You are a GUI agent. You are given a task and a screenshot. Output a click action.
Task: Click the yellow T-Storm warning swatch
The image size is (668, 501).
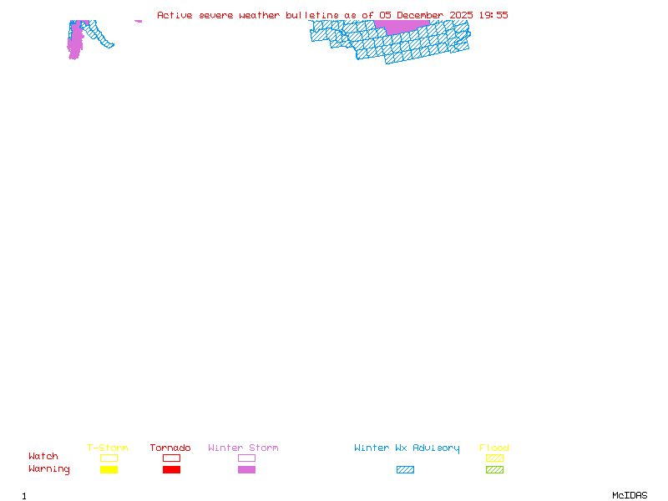tap(109, 470)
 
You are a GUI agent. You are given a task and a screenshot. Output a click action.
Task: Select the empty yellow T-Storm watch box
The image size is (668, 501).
tap(109, 458)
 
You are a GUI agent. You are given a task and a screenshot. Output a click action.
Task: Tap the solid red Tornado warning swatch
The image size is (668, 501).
tap(171, 470)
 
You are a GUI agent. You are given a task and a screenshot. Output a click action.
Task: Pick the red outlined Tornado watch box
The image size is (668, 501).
tap(171, 458)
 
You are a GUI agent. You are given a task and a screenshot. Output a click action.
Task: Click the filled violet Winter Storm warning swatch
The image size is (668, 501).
tap(246, 470)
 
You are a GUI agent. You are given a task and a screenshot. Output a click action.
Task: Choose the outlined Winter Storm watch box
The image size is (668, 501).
tap(246, 458)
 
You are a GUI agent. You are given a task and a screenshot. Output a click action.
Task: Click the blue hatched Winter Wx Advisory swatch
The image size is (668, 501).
tap(405, 470)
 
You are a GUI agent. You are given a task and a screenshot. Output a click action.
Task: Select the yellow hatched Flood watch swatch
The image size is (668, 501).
tap(494, 458)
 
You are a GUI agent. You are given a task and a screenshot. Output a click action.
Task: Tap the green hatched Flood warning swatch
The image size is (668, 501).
tap(494, 470)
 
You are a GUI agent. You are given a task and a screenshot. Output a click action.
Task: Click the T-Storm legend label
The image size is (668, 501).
tap(108, 448)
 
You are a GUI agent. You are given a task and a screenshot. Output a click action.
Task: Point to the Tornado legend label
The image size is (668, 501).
tap(170, 448)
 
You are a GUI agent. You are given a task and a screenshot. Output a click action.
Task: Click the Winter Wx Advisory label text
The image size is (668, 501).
tap(407, 448)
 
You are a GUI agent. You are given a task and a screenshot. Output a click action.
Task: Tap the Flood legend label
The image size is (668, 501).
tap(494, 448)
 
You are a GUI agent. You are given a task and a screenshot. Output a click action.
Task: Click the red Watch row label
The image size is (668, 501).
tap(43, 457)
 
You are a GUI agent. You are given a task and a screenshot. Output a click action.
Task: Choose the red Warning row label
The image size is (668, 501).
tap(48, 469)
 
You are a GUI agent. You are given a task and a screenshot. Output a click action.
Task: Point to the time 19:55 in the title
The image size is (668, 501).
tap(493, 15)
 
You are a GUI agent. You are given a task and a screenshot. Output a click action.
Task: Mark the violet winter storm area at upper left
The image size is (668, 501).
tap(75, 40)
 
